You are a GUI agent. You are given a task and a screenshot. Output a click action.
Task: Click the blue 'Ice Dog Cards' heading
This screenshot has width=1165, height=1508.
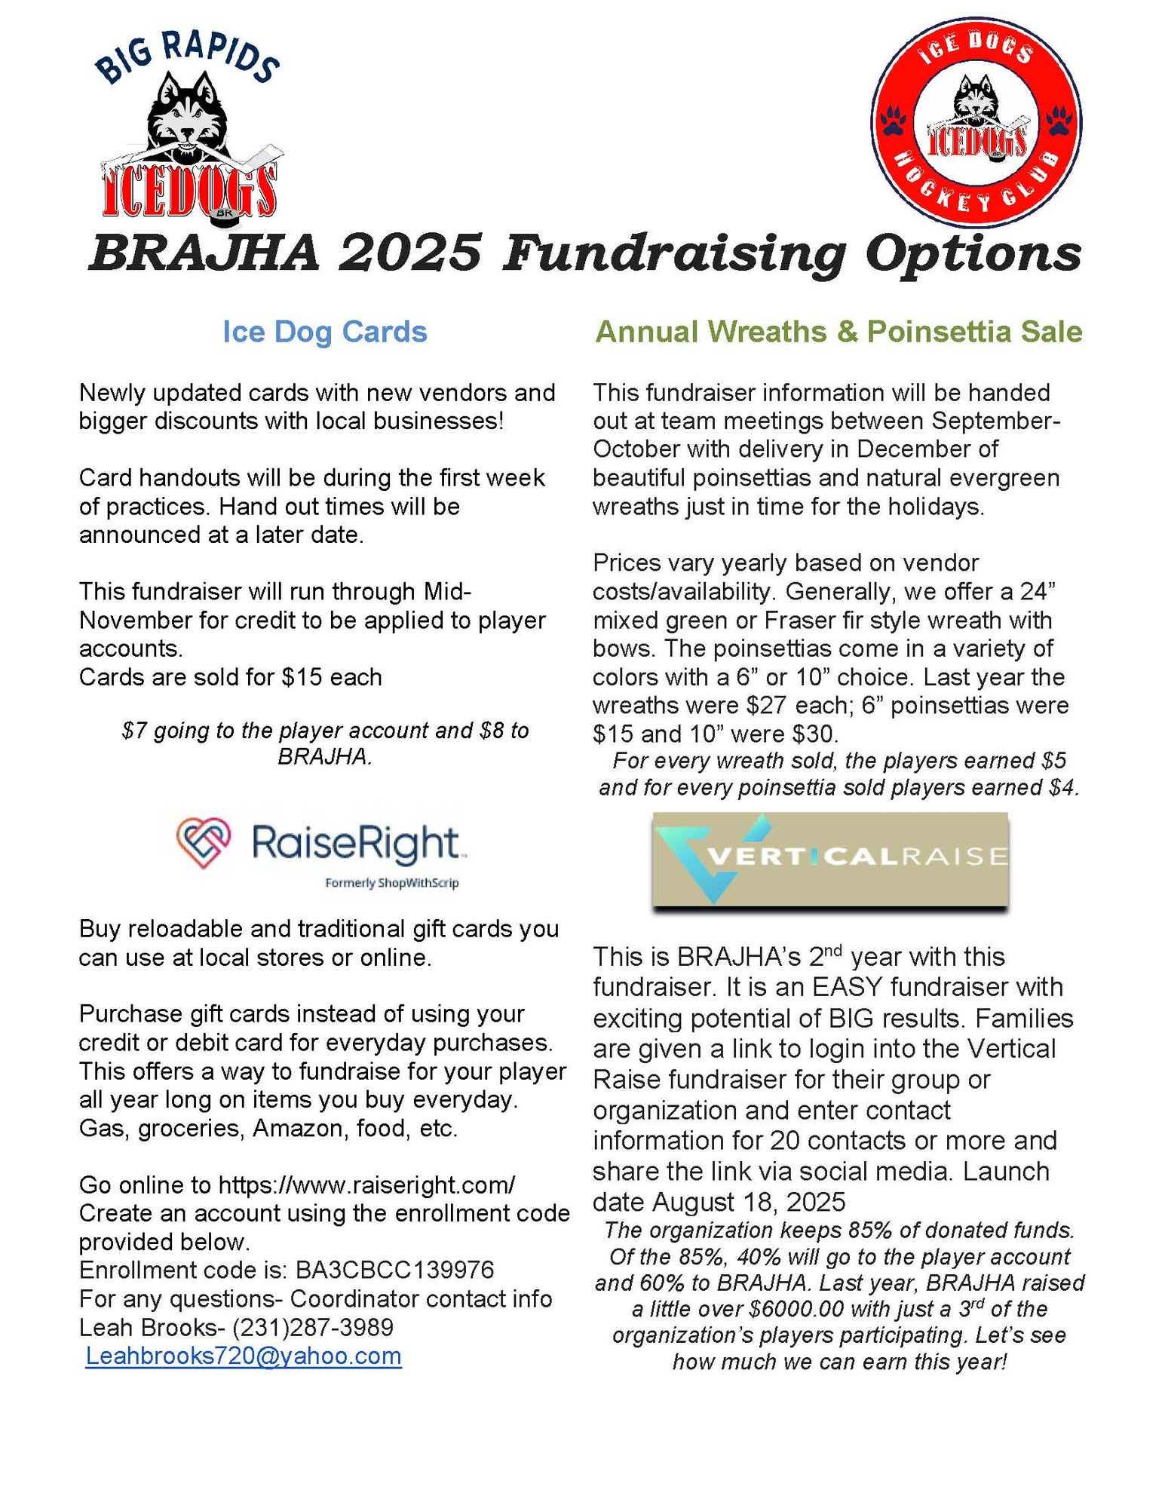pyautogui.click(x=324, y=332)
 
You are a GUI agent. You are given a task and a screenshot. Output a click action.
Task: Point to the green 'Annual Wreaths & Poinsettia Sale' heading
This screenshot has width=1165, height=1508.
pyautogui.click(x=838, y=332)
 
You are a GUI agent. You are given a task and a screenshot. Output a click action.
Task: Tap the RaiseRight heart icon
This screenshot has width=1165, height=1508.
pyautogui.click(x=203, y=842)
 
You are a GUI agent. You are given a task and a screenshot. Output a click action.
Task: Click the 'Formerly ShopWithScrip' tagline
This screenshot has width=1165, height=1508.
pyautogui.click(x=391, y=883)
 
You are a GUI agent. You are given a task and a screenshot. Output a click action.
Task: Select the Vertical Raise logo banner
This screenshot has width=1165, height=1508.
pyautogui.click(x=829, y=860)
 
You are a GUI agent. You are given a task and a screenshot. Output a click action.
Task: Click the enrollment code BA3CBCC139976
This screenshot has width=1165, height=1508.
pyautogui.click(x=394, y=1270)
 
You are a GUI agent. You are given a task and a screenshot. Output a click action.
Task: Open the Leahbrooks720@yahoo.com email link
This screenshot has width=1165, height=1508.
pyautogui.click(x=244, y=1356)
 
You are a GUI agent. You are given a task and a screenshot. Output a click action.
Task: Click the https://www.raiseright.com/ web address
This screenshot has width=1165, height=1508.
pyautogui.click(x=366, y=1185)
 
